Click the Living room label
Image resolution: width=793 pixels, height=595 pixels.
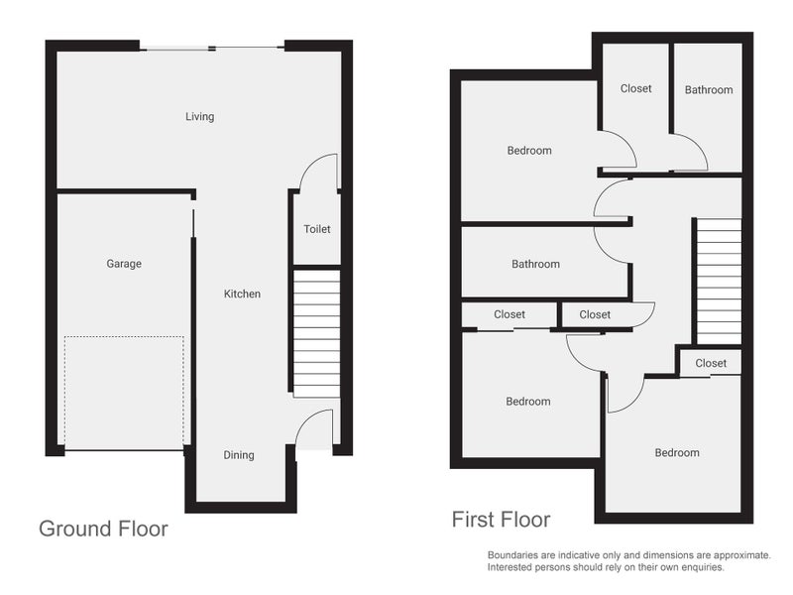pos(200,117)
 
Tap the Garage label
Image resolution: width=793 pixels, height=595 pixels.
pos(124,264)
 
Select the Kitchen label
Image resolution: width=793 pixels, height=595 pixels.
pos(242,294)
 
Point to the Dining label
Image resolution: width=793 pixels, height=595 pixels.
pos(239,455)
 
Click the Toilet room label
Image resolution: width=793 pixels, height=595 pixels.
pos(317,229)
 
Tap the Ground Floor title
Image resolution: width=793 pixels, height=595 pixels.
pos(104,529)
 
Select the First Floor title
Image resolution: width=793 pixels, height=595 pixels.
pos(502,520)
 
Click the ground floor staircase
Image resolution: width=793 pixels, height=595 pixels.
pos(316,333)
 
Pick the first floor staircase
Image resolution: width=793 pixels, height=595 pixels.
pos(720,282)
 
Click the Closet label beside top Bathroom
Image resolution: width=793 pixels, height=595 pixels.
pos(635,88)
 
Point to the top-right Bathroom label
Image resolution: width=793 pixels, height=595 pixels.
pos(709,90)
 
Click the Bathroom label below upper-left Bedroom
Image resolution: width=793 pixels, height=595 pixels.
pos(535,264)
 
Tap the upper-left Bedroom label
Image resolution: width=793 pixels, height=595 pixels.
pos(529,151)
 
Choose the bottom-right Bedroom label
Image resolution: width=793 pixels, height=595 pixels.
pos(677,453)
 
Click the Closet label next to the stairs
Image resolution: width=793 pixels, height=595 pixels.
pos(711,363)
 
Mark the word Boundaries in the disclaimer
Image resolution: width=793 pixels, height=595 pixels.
pos(510,555)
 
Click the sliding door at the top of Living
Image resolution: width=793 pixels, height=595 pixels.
pos(212,48)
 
